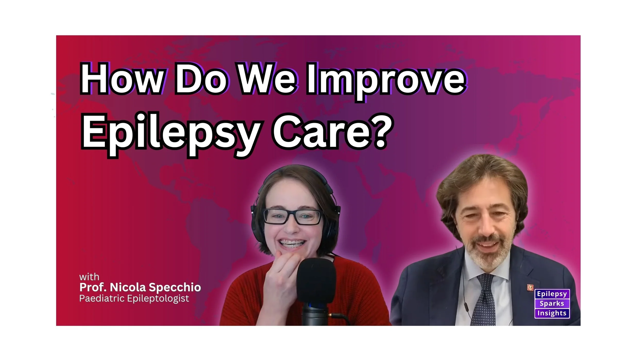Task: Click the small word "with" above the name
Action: (x=89, y=277)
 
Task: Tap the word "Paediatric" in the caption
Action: (x=101, y=298)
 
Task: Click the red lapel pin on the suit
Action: (x=530, y=287)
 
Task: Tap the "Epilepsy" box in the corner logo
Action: (x=552, y=294)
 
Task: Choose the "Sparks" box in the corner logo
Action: (x=552, y=304)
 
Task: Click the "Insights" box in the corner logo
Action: (x=552, y=313)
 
